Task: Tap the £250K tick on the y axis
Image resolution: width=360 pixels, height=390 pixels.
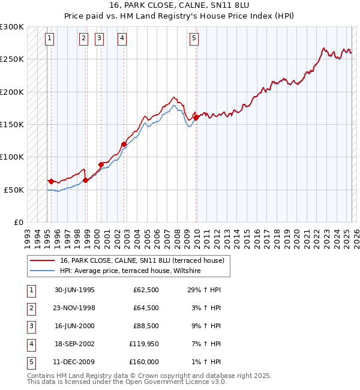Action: [11, 59]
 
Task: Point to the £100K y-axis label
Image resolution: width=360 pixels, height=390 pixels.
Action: [11, 157]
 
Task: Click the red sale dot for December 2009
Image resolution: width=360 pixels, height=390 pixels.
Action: [196, 118]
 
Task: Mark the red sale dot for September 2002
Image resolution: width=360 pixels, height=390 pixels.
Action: [124, 144]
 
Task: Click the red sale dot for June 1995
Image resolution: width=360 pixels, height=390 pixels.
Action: [51, 181]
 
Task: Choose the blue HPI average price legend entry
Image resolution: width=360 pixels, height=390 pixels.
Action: [130, 271]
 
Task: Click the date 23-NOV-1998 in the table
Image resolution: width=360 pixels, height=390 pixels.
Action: [74, 308]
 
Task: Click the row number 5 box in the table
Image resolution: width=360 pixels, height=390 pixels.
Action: [31, 362]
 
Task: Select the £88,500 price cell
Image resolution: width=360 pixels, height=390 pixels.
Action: [145, 326]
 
